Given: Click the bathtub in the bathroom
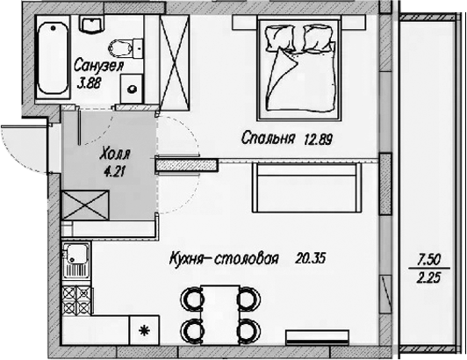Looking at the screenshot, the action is click(x=54, y=58).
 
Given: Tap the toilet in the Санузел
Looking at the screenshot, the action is click(x=126, y=48).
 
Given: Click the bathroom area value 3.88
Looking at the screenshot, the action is click(x=90, y=83).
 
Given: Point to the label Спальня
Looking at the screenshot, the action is click(x=269, y=138).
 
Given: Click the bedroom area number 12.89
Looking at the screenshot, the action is click(x=319, y=140).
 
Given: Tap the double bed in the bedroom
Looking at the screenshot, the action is click(x=299, y=68).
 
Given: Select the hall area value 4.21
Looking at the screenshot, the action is click(x=114, y=171).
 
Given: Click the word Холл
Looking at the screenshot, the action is click(x=115, y=154).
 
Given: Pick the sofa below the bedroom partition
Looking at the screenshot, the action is click(x=307, y=187).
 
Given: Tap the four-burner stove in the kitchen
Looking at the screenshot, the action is click(x=76, y=300).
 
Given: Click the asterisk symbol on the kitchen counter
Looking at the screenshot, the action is click(x=144, y=331).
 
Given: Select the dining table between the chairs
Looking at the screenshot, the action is click(x=220, y=315).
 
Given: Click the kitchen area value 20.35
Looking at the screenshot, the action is click(x=311, y=258).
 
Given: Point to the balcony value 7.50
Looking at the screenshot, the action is click(x=429, y=259).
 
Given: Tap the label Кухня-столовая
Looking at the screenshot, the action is click(x=224, y=259).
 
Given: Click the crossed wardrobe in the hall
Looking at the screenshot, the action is click(x=85, y=205).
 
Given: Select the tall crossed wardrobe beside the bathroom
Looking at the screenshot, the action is click(x=175, y=62).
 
